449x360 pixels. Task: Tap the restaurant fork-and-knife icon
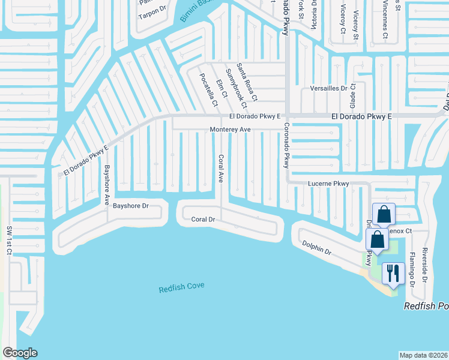tap(393, 274)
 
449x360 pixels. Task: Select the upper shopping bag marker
tap(384, 214)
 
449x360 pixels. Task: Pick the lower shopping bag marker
tap(377, 239)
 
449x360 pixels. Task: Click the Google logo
tap(20, 353)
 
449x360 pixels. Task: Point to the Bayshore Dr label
tap(130, 206)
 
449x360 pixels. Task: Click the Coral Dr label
tap(203, 220)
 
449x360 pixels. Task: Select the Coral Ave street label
tap(221, 169)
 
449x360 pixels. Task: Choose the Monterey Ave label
tap(229, 130)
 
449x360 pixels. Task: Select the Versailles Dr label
tap(328, 88)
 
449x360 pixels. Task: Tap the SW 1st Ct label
tap(9, 241)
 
